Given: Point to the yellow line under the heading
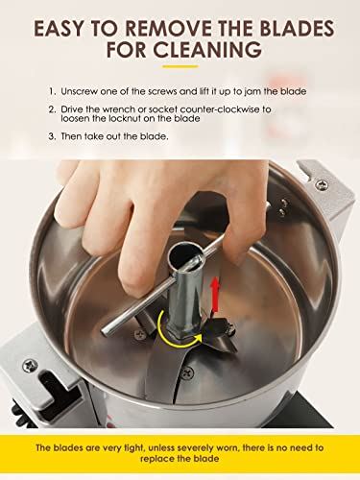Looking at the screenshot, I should tap(180, 67).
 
